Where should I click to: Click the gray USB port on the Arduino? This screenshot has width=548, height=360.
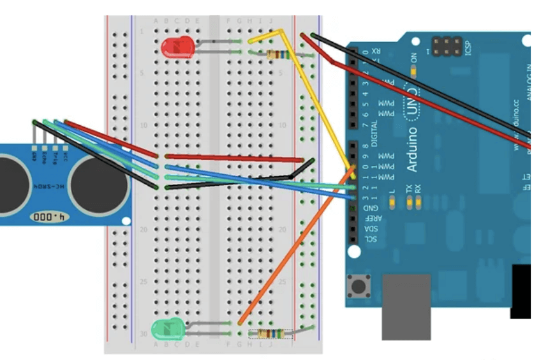pos(406,306)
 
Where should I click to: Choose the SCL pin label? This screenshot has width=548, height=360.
pos(370,239)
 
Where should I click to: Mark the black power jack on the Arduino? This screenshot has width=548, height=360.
pos(521,291)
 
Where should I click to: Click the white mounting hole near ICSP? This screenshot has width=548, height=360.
pos(525,41)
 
